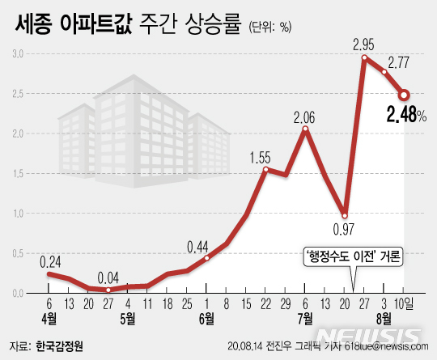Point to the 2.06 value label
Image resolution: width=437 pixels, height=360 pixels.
(305, 116)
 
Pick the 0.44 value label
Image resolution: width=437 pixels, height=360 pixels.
(199, 246)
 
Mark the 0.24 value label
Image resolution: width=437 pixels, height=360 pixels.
(50, 261)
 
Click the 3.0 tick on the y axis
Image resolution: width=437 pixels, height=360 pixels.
(16, 53)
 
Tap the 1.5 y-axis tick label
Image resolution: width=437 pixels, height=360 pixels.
(16, 172)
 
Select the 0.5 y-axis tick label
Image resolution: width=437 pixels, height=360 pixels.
(16, 252)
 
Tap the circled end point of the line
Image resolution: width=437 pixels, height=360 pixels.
(404, 94)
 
